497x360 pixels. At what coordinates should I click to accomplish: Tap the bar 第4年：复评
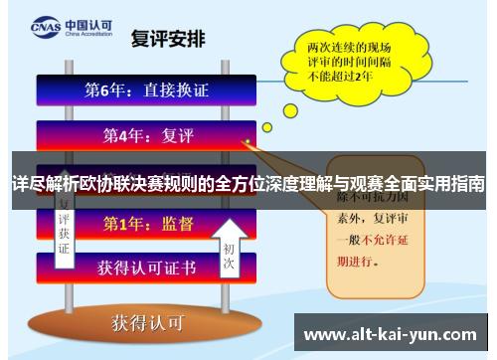(147, 133)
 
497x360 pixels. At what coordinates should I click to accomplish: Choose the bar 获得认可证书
(147, 268)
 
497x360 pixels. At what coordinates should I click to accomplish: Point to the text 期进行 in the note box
(360, 261)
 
